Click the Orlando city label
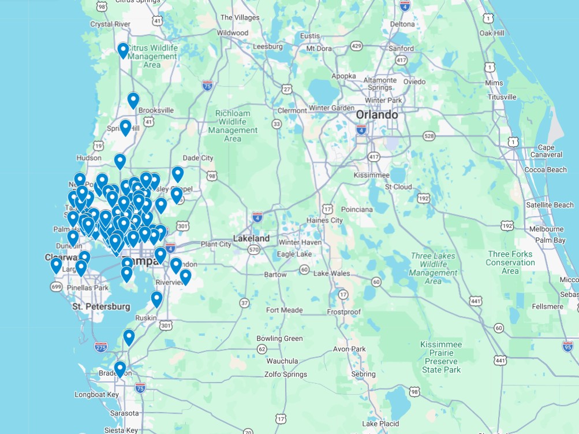coord(376,115)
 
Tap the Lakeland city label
coord(251,238)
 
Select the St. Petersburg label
coord(101,306)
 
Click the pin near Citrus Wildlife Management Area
coord(123,51)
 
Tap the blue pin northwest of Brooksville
coord(133,101)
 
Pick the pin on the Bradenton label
coord(120,369)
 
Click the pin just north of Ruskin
coord(156,299)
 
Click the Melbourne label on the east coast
coord(546,229)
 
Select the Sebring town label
coord(364,374)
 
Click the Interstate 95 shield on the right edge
coord(567,346)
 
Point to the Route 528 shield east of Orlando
coord(428,136)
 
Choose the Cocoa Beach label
coord(546,169)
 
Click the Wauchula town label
coord(282,361)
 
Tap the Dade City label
coord(197,158)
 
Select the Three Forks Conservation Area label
coord(510,262)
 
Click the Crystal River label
coord(110,24)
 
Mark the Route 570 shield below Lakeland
coord(253,250)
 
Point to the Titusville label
coord(502,97)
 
